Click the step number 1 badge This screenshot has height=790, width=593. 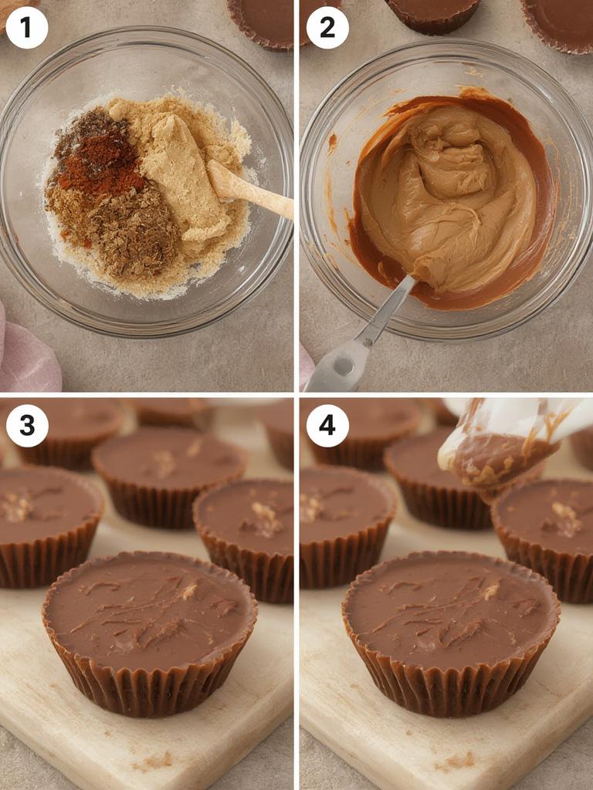(x=27, y=28)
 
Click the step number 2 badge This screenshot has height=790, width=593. (x=327, y=28)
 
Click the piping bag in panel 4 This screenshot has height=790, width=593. (x=502, y=447)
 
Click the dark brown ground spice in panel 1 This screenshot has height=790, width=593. (x=131, y=231)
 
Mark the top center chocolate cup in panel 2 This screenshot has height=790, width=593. (x=432, y=14)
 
